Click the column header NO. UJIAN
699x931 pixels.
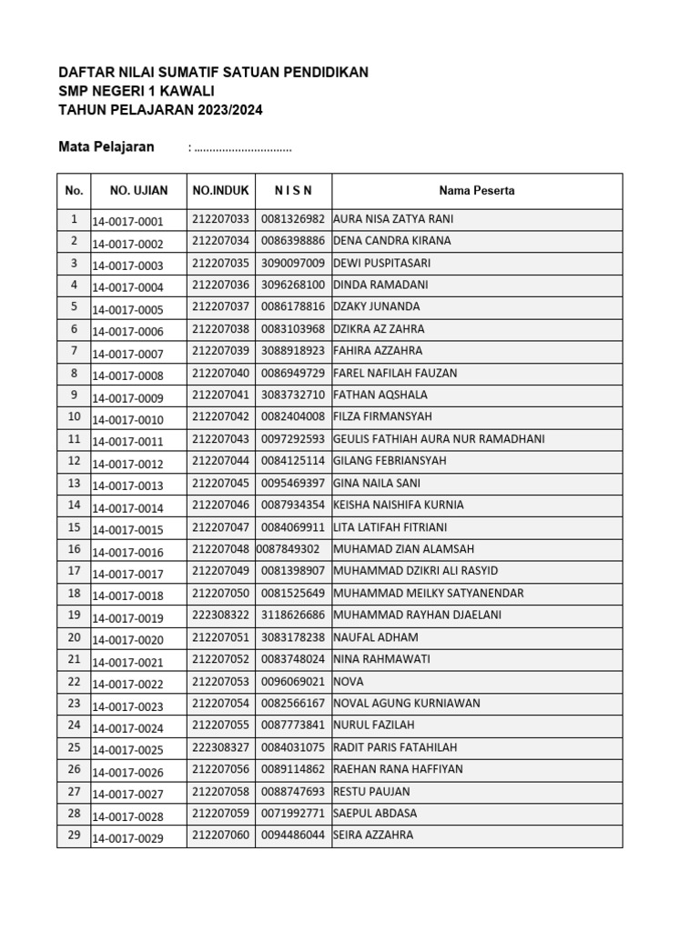click(138, 191)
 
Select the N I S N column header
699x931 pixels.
click(293, 191)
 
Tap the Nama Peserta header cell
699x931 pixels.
click(476, 191)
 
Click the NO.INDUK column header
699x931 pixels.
click(220, 191)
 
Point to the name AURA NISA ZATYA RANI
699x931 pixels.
click(393, 219)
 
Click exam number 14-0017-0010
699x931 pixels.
click(127, 420)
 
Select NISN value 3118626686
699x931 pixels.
click(292, 615)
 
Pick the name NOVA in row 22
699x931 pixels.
click(349, 681)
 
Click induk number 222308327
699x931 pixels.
click(220, 747)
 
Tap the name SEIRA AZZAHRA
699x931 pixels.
click(373, 835)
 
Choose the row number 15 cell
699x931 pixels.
click(74, 527)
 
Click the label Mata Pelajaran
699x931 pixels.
click(106, 147)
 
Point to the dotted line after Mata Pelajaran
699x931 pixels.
click(242, 148)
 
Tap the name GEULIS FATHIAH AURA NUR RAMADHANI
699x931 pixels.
click(439, 439)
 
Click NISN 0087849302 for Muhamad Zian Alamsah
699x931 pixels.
click(288, 549)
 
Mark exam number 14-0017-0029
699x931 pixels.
click(127, 838)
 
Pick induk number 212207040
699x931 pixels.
click(220, 373)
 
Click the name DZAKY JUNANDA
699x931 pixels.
click(377, 306)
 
